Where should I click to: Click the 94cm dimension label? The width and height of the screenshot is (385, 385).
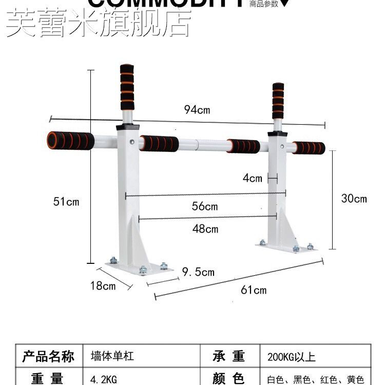pyautogui.click(x=198, y=109)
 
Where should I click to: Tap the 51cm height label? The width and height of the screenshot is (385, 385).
pyautogui.click(x=67, y=202)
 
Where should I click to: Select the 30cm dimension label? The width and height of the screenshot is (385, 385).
pyautogui.click(x=354, y=199)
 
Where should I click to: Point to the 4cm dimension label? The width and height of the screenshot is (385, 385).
pyautogui.click(x=253, y=178)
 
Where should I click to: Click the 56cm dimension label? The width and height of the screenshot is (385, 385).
pyautogui.click(x=205, y=206)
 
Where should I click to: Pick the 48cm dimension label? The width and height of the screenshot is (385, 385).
pyautogui.click(x=205, y=228)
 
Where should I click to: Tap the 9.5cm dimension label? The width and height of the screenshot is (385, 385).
pyautogui.click(x=198, y=272)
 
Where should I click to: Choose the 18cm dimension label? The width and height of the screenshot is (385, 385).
pyautogui.click(x=103, y=286)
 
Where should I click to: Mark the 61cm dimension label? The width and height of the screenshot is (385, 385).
pyautogui.click(x=254, y=290)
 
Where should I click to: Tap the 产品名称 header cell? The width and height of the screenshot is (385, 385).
pyautogui.click(x=48, y=356)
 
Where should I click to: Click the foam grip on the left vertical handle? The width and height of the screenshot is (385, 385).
pyautogui.click(x=127, y=87)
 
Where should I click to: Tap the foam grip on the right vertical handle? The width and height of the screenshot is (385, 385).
pyautogui.click(x=278, y=101)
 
